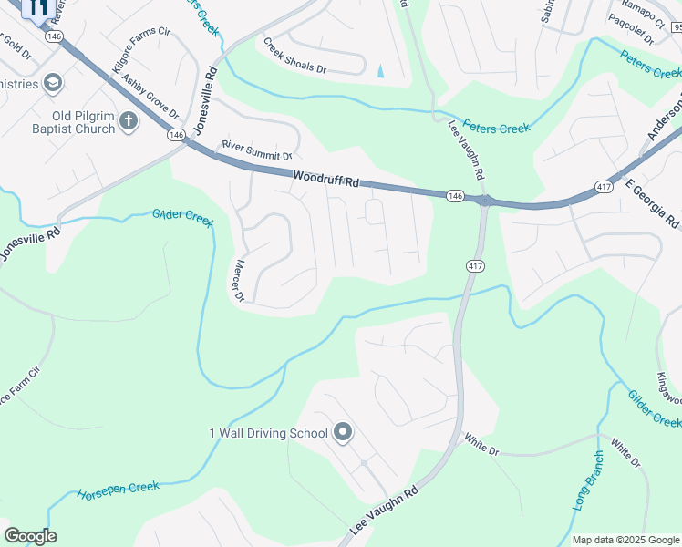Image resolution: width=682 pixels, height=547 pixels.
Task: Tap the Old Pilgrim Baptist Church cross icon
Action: (x=129, y=119)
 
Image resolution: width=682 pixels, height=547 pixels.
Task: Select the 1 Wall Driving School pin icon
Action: (x=343, y=432)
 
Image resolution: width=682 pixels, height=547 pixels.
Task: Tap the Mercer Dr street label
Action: (x=239, y=282)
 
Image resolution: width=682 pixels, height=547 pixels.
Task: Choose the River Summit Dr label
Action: (x=257, y=150)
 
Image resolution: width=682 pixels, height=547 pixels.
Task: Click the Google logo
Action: (x=30, y=535)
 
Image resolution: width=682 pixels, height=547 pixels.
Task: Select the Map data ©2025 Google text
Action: (x=625, y=540)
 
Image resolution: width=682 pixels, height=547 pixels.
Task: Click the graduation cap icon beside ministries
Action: (x=54, y=84)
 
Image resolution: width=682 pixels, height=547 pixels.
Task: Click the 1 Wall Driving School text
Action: (x=268, y=432)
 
